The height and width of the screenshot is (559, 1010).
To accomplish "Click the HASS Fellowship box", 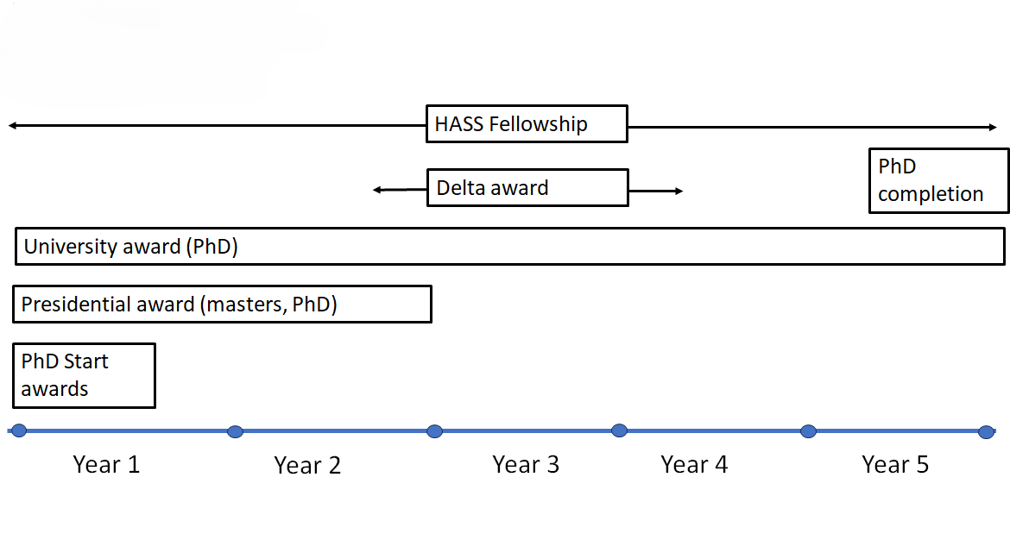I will [527, 124].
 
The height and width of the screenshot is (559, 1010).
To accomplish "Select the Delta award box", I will [527, 188].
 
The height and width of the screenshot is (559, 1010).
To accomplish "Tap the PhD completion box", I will [938, 180].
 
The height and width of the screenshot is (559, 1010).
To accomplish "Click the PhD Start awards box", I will [84, 375].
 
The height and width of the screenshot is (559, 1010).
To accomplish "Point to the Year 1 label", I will [106, 465].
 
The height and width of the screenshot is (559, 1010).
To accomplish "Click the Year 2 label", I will [307, 466].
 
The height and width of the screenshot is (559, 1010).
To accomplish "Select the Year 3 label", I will [526, 465].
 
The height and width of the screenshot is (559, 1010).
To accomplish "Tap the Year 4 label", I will [694, 465].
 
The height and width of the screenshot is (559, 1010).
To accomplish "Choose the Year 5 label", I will [895, 465].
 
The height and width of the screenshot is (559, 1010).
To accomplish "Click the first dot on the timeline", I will [19, 430].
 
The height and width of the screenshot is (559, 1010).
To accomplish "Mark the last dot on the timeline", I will [986, 431].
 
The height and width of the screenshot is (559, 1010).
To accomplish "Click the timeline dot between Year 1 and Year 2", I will [235, 431].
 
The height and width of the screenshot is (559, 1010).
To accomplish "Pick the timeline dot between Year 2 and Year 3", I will [435, 431].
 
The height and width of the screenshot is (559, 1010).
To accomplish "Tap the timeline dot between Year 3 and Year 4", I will [619, 430].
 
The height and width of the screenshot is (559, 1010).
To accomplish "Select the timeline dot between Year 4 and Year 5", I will [808, 431].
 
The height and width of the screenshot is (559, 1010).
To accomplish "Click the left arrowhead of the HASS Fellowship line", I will [12, 126].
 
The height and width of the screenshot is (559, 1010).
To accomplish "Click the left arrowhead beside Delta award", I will [376, 190].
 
